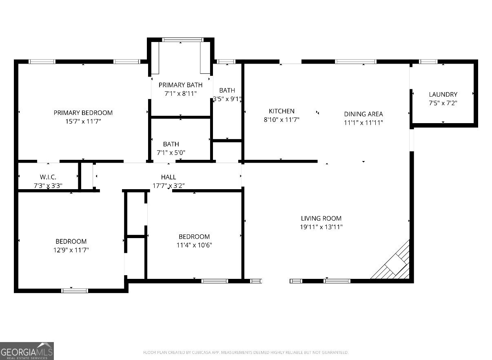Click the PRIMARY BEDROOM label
83,113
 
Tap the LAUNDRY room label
443,94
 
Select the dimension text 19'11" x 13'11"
321,227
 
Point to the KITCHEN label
281,111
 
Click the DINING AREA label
363,114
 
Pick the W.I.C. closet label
48,177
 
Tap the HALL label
168,177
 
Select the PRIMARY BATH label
180,85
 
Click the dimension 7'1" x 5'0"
171,153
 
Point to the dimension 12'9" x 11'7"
71,250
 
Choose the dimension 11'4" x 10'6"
194,245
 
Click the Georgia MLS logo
27,351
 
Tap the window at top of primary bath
182,40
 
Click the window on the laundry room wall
428,62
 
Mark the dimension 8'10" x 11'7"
281,120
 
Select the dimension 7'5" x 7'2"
443,103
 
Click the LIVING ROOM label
321,218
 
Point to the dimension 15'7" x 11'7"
83,121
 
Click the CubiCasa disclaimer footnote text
246,352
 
